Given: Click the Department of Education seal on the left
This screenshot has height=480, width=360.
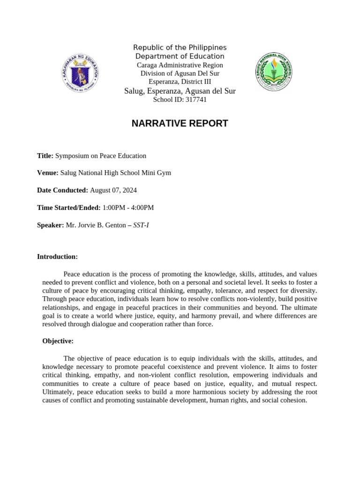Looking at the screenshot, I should tap(80, 73).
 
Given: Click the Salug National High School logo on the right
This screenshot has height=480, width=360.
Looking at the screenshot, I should tap(274, 71).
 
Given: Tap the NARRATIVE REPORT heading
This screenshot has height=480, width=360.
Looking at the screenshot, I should tap(180, 124).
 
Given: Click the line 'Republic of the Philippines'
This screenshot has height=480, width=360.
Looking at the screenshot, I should tap(180, 48).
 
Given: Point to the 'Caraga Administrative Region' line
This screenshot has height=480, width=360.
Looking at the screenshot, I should tap(180, 65).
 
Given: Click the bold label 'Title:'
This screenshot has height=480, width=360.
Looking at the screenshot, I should tap(45, 156).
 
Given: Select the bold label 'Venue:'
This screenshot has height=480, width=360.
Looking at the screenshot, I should tap(47, 173).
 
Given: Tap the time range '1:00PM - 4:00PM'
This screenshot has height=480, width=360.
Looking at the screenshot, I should tap(128, 208).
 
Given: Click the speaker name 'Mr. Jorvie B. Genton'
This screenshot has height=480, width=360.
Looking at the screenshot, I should tap(96, 225).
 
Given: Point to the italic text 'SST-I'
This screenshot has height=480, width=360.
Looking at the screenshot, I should tap(141, 225).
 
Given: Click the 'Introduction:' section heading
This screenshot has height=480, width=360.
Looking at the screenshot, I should tap(57, 257).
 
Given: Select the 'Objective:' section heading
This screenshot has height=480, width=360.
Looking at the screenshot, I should tap(58, 341).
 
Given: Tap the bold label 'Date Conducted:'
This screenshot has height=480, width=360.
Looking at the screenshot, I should tap(62, 190).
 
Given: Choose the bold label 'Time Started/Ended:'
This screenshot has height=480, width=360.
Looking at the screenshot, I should tap(68, 208).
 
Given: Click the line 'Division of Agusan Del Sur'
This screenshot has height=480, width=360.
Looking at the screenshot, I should tap(180, 74).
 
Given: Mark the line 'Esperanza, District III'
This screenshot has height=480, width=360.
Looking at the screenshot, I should tap(180, 82).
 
